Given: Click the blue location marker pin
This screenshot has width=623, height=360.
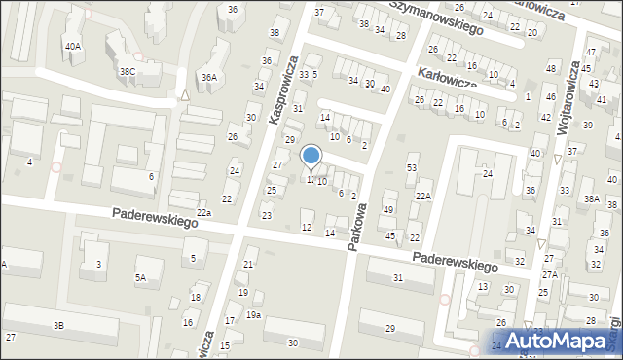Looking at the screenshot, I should tap(311, 156).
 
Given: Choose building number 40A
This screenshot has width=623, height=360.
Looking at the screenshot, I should tap(73, 46).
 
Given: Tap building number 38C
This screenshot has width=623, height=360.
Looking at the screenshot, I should tap(127, 71).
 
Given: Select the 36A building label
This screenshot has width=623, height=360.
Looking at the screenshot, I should tap(208, 77).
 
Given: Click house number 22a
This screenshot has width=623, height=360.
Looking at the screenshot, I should tap(203, 212).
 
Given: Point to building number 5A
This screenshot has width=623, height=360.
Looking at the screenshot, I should tap(141, 278).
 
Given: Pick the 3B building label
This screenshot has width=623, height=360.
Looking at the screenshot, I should tap(59, 325).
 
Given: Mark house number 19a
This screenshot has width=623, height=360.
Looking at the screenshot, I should tap(253, 315).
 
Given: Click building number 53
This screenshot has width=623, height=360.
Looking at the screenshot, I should tap(412, 168).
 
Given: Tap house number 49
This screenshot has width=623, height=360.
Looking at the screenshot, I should tap(388, 210).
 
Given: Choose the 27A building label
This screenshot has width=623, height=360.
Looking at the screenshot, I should tap(550, 274).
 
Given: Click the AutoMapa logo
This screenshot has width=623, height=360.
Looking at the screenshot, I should tap(565, 341).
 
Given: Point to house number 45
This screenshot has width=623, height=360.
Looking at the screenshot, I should tap(390, 235).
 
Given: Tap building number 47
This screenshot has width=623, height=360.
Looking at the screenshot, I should tap(591, 51).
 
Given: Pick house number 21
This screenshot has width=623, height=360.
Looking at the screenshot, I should tap(248, 265).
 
